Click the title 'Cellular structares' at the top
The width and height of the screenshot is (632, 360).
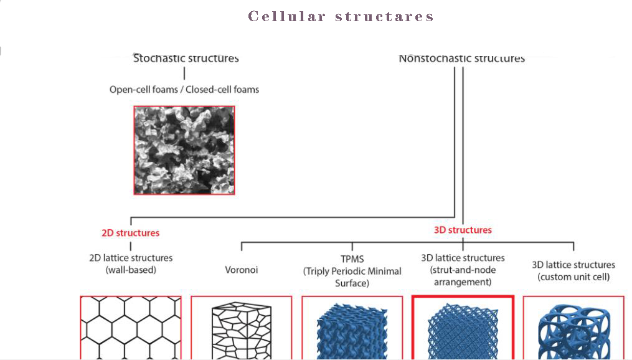tap(341, 16)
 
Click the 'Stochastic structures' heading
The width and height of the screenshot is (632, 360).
tap(186, 58)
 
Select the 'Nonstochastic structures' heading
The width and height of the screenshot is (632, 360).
tap(461, 59)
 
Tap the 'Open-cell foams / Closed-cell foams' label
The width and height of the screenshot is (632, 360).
tap(184, 89)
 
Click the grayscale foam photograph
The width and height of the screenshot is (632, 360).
tap(184, 150)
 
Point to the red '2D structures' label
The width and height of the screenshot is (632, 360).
tap(130, 233)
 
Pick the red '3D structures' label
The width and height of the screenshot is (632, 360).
tap(463, 230)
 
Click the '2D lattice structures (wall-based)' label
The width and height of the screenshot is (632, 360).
tap(131, 263)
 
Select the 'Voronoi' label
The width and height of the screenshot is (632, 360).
tap(241, 270)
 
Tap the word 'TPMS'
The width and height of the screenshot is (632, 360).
tap(352, 258)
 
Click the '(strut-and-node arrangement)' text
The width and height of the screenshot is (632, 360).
tap(463, 276)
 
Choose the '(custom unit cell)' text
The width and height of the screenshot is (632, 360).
tap(573, 277)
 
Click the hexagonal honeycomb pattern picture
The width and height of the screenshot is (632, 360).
tap(131, 328)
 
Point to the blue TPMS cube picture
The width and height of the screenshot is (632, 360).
tap(352, 330)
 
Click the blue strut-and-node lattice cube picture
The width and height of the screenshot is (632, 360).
tap(463, 330)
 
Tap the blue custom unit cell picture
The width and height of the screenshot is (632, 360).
tap(573, 330)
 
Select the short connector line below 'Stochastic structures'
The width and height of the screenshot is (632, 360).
tap(184, 73)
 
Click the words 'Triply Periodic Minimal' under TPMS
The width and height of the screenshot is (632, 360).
tap(352, 271)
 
